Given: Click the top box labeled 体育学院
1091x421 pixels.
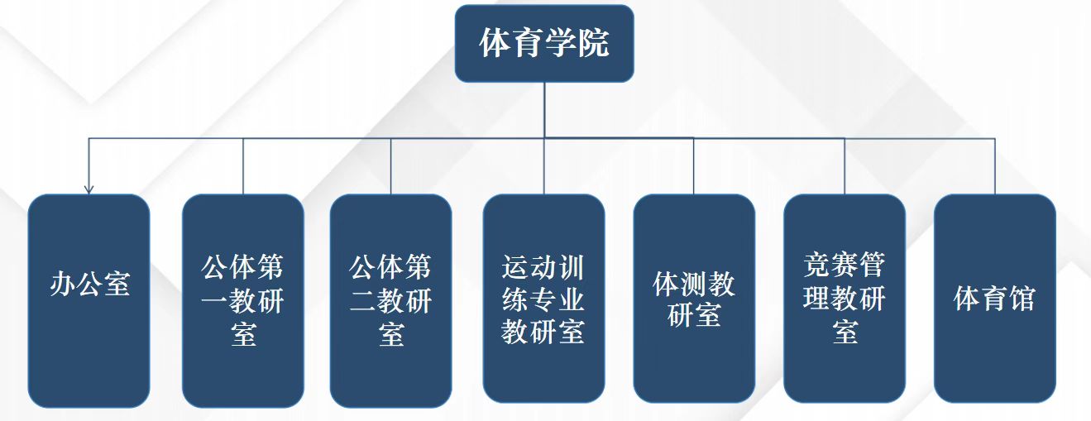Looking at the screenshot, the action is (544, 43).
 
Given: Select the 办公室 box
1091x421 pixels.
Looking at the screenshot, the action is (89, 300).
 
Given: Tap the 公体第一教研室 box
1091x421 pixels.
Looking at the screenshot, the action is (243, 300).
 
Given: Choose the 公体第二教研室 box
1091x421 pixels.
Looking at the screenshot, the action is (390, 300).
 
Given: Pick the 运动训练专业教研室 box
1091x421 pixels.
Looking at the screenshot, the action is (543, 299).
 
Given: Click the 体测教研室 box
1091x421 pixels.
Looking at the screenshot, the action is (694, 299).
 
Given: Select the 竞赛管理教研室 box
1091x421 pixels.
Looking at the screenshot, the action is (845, 299).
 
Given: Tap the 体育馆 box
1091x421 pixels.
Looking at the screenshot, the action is (994, 299).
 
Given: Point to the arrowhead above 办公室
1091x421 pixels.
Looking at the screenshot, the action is (89, 189).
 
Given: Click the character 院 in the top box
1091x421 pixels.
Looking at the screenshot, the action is (593, 43).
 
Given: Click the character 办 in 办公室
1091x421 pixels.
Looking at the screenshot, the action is (64, 284).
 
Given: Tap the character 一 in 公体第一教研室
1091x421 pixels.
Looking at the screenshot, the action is (214, 301).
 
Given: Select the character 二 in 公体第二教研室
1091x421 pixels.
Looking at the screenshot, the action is (362, 301).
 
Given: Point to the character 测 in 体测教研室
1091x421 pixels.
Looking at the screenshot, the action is (694, 284).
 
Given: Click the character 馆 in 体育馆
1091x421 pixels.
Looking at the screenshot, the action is (1022, 299).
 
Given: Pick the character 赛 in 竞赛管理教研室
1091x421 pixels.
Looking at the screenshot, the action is (845, 266).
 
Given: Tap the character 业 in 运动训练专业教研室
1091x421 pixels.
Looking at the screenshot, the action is (571, 299).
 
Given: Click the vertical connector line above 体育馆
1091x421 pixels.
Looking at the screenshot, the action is (994, 166).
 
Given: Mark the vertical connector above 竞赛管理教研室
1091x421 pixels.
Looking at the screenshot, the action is (845, 166).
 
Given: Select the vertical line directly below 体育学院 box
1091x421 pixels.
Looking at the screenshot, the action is (544, 110).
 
